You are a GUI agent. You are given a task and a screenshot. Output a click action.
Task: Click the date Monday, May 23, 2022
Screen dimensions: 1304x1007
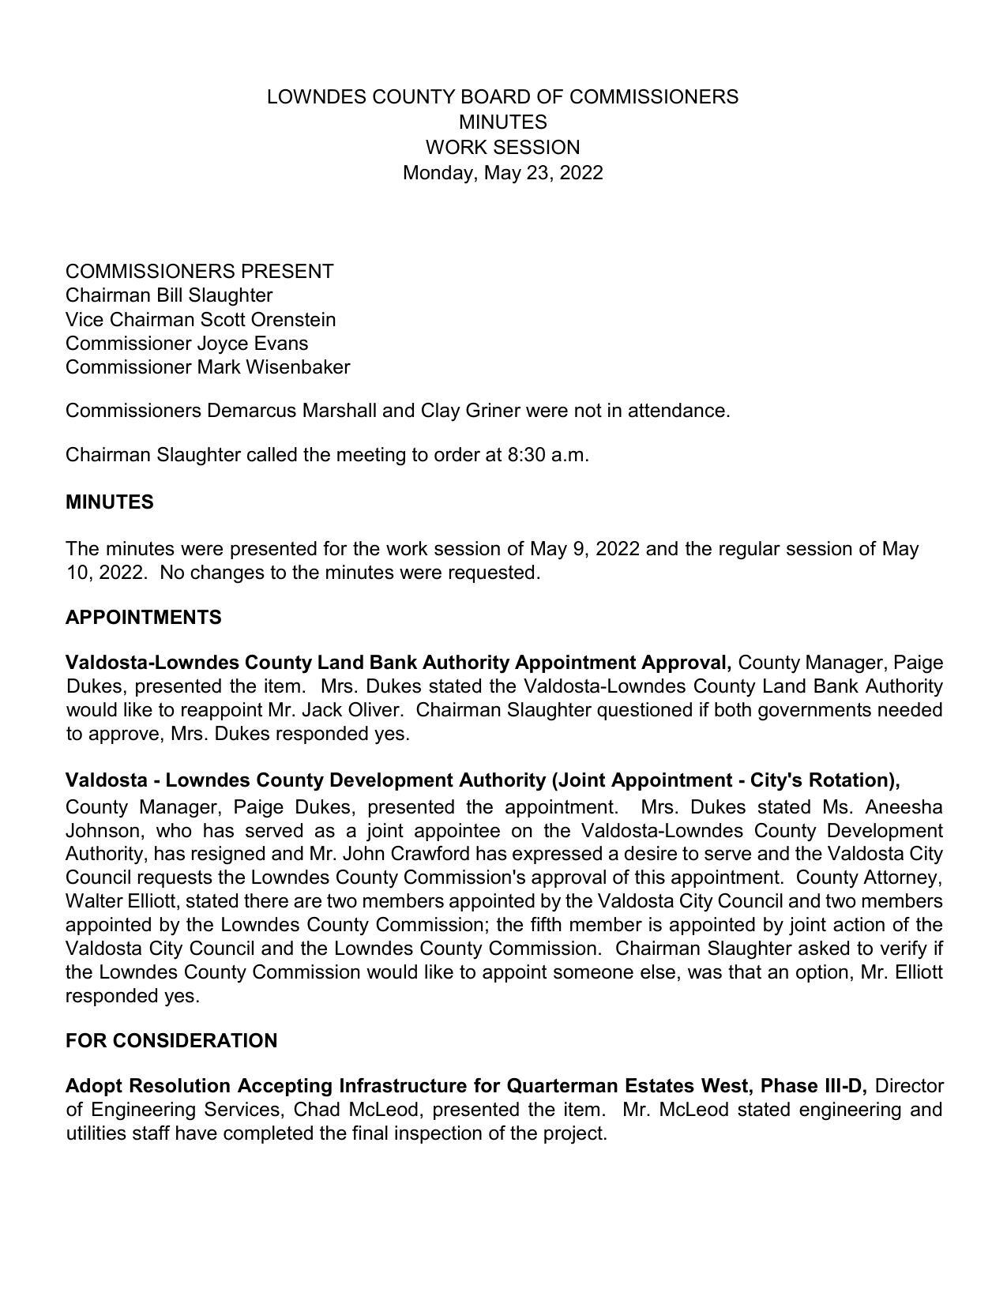pyautogui.click(x=502, y=173)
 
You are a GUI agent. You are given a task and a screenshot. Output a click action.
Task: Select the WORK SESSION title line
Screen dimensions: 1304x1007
pyautogui.click(x=502, y=148)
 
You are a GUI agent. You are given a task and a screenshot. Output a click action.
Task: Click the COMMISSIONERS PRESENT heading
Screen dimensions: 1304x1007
pyautogui.click(x=199, y=272)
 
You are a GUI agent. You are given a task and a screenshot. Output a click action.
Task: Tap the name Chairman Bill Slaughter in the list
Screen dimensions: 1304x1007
pyautogui.click(x=168, y=295)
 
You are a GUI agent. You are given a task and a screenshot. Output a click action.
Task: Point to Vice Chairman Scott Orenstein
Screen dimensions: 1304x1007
pyautogui.click(x=200, y=320)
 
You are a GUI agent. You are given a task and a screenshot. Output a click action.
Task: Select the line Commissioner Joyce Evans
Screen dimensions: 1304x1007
pyautogui.click(x=186, y=344)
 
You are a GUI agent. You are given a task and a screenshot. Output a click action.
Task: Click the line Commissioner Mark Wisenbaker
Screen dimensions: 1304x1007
pyautogui.click(x=207, y=367)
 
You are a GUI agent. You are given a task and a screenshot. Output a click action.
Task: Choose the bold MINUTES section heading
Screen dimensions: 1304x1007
pyautogui.click(x=109, y=502)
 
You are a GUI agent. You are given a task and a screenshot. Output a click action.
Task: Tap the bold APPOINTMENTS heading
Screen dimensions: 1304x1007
pyautogui.click(x=143, y=618)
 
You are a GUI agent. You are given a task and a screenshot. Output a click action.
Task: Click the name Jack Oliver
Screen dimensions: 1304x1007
pyautogui.click(x=351, y=710)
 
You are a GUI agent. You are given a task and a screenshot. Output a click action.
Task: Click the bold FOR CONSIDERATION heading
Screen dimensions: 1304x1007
pyautogui.click(x=171, y=1041)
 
